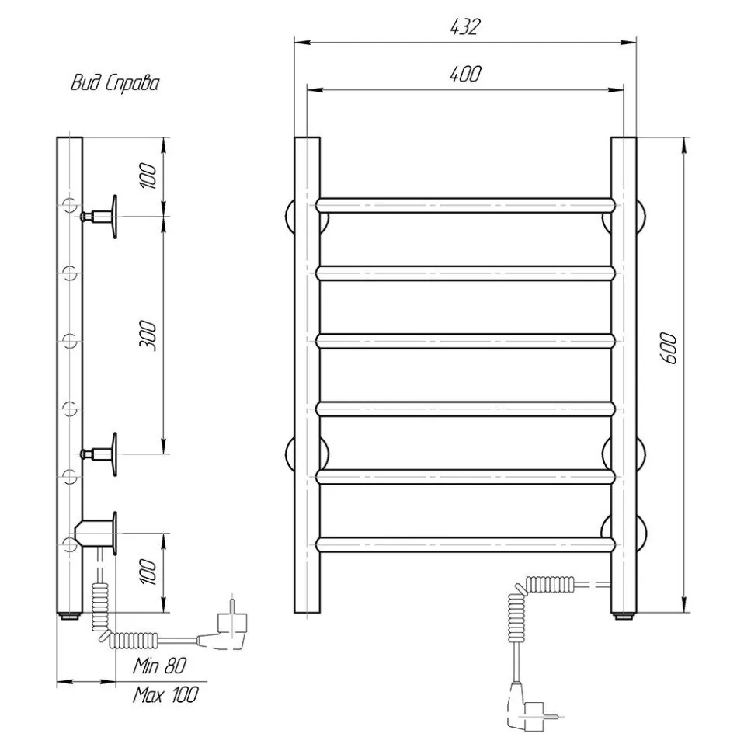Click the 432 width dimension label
pyautogui.click(x=465, y=27)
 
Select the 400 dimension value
pyautogui.click(x=465, y=74)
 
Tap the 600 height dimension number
pyautogui.click(x=669, y=348)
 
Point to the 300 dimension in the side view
pyautogui.click(x=148, y=335)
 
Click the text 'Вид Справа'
pyautogui.click(x=115, y=83)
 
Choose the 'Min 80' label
pyautogui.click(x=159, y=666)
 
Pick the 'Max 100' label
pyautogui.click(x=165, y=694)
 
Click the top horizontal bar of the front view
pyautogui.click(x=465, y=205)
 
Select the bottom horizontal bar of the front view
pyautogui.click(x=465, y=544)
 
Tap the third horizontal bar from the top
pyautogui.click(x=465, y=341)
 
